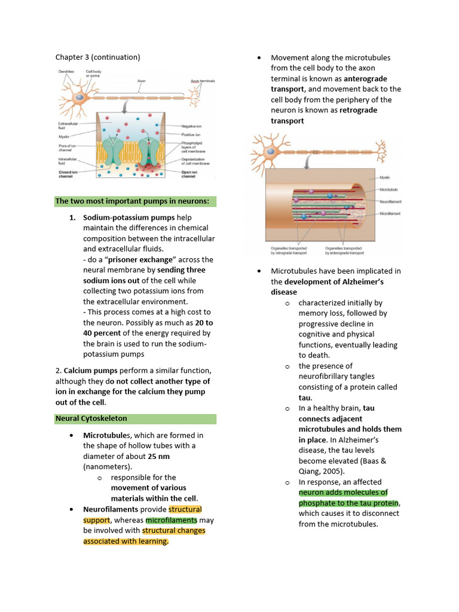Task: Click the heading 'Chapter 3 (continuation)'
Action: (97, 57)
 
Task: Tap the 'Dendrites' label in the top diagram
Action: (67, 72)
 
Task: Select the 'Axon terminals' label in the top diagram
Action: (202, 81)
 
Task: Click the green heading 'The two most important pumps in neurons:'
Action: (132, 201)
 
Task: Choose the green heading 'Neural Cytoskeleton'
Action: (91, 418)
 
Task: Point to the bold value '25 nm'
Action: (159, 456)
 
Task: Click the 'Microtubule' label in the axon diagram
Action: (389, 189)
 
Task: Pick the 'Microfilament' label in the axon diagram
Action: (390, 213)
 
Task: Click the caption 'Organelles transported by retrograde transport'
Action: (287, 250)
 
